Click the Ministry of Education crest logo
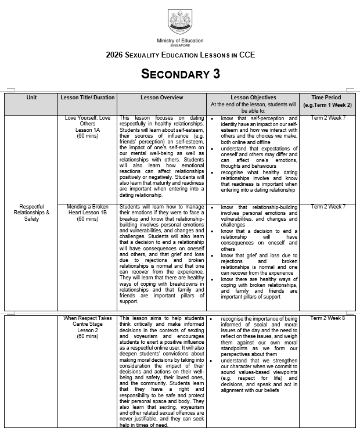pos(180,21)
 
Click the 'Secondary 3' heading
pos(180,74)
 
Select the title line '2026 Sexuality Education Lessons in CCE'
pos(180,55)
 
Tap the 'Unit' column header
pos(31,98)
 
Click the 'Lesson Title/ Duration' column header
pos(88,98)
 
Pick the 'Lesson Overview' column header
pos(161,98)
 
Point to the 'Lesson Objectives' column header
pos(253,98)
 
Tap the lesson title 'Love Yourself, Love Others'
pos(88,121)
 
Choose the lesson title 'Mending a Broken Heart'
pos(88,210)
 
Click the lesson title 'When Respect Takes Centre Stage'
pos(88,321)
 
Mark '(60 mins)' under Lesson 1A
pos(88,136)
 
